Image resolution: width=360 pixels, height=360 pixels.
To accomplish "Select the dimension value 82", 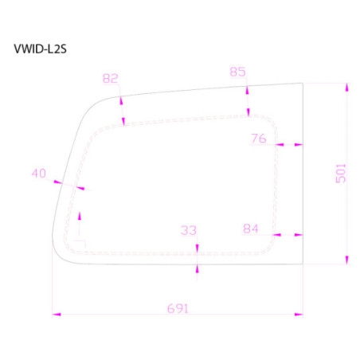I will coord(111,78).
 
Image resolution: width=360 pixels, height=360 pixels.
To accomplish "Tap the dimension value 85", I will coord(237,72).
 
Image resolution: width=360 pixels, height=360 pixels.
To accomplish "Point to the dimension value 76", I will coord(258,138).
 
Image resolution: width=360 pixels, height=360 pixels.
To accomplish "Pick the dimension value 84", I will coord(251,229).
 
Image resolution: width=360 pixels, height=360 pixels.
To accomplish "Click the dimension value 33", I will coord(188,230).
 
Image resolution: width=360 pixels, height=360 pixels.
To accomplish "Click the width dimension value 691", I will coord(178,307).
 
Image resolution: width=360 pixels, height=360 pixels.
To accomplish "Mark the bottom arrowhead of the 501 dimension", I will coord(346,260).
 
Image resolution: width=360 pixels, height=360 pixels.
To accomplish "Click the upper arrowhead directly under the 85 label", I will coord(248,91).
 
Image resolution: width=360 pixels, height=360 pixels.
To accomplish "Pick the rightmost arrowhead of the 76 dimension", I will coord(299,146).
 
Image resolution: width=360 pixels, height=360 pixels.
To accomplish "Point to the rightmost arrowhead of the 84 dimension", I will coord(299,235).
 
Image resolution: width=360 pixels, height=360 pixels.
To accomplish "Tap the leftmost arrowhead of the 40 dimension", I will coord(59,182).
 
